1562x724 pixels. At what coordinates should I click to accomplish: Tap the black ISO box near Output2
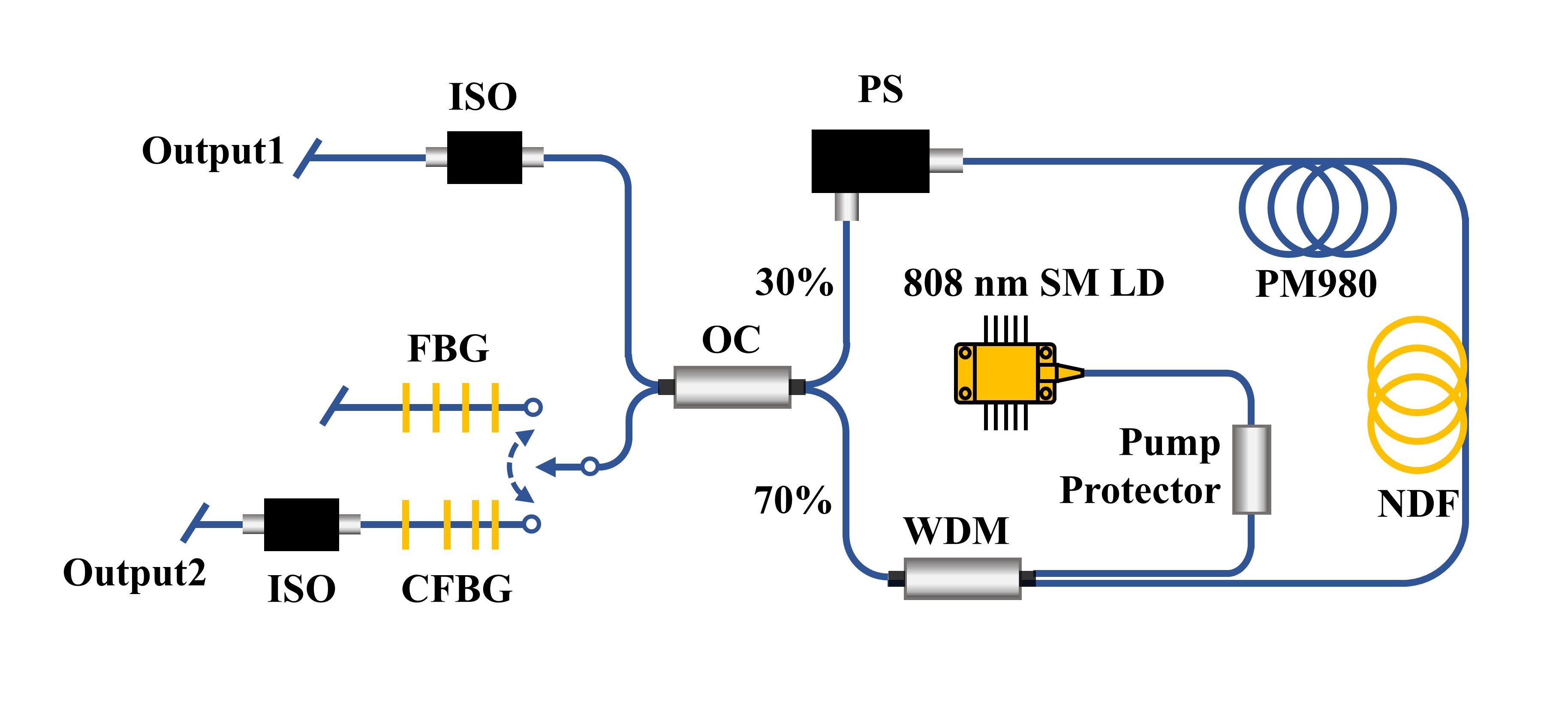[x=301, y=525]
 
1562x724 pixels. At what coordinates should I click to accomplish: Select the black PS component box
[x=870, y=161]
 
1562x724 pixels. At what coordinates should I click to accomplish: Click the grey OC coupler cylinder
[x=732, y=387]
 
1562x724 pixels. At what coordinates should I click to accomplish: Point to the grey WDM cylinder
[x=962, y=579]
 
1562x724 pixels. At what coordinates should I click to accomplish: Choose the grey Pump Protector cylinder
[x=1252, y=469]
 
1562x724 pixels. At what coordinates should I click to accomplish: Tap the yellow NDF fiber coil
[x=1417, y=394]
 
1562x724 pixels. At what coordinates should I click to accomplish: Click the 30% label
[x=794, y=283]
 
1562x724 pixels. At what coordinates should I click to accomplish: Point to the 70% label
[x=792, y=501]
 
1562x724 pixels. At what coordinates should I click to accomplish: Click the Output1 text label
[x=213, y=151]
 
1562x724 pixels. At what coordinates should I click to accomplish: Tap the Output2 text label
[x=135, y=573]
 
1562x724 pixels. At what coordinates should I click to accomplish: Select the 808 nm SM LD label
[x=1033, y=283]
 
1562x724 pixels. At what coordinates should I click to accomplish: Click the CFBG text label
[x=457, y=589]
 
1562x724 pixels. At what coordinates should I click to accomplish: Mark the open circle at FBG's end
[x=533, y=407]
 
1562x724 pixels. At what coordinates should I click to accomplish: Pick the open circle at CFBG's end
[x=532, y=524]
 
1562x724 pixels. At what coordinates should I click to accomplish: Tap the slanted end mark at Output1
[x=307, y=158]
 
